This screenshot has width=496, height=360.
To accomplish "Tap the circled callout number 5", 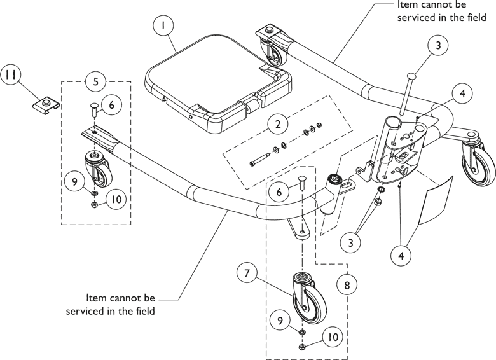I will pos(95,81).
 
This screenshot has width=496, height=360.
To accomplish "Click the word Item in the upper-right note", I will pos(408,5).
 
